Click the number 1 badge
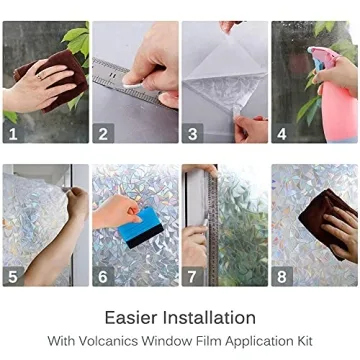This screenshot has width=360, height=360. click(13, 132)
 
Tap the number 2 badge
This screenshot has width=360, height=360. click(103, 132)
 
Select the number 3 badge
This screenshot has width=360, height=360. click(193, 132)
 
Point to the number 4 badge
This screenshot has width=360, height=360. click(283, 132)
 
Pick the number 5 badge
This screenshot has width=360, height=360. click(13, 275)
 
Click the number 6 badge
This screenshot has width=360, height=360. click(103, 275)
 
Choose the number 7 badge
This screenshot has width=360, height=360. click(193, 275)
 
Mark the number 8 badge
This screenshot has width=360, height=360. click(283, 275)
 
